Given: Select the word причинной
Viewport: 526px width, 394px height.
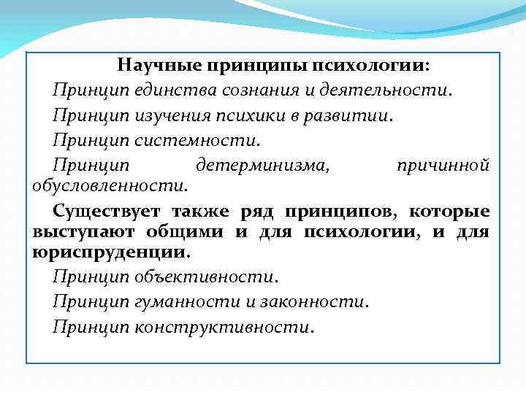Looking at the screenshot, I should coord(443,165).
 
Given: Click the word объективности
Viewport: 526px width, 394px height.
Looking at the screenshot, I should coord(205,277).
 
